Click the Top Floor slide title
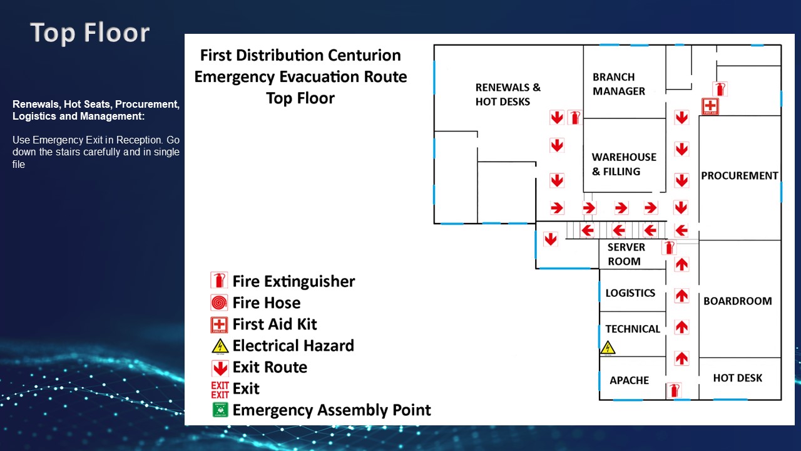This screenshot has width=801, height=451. point(90,33)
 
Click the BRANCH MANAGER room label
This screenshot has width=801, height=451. point(618,84)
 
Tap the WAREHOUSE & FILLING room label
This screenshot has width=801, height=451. point(624,164)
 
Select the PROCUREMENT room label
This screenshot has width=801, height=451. point(739,176)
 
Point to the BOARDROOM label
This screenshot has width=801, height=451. point(737,301)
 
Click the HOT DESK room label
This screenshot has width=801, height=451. point(737,378)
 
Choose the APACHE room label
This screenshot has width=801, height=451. point(629,380)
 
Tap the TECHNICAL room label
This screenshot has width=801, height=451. point(632,329)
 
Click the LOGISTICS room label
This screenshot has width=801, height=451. point(630,293)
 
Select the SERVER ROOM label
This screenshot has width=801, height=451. point(625,254)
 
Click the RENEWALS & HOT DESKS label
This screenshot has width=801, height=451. point(507,95)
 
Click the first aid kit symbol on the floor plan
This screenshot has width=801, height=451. point(710,106)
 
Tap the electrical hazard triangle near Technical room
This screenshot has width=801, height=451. point(608,348)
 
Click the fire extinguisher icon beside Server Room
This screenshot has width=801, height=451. point(669,247)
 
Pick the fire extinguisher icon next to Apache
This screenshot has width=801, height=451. point(673,390)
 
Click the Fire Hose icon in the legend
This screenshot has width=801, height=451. point(219,303)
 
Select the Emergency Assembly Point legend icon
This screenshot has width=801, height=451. point(219,410)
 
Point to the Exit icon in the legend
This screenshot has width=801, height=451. point(220,389)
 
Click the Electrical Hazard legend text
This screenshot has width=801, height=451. point(293,346)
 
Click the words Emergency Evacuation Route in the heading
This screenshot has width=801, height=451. point(300,76)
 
